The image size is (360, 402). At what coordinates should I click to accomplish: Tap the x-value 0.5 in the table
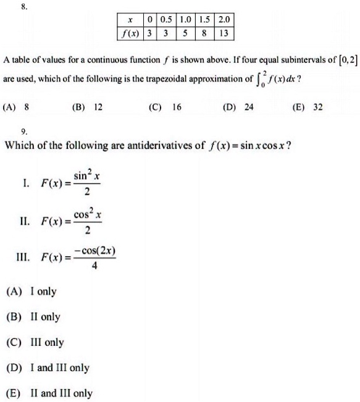pyautogui.click(x=165, y=20)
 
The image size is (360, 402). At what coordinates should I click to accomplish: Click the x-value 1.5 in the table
pyautogui.click(x=204, y=20)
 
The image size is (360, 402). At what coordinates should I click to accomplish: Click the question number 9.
pyautogui.click(x=23, y=132)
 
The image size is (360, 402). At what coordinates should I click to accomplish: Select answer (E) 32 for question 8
pyautogui.click(x=309, y=107)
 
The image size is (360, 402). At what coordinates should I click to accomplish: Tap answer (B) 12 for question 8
pyautogui.click(x=86, y=107)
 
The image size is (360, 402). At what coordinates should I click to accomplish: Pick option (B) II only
pyautogui.click(x=33, y=317)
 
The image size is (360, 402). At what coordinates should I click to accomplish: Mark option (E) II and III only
pyautogui.click(x=49, y=393)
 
